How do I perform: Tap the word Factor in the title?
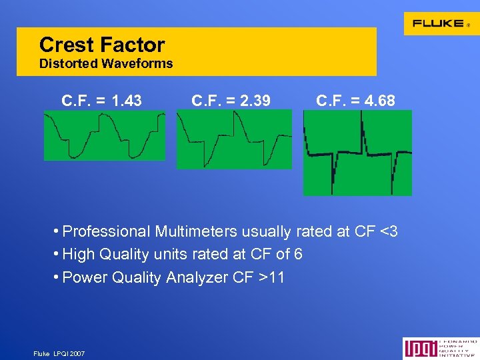(133, 45)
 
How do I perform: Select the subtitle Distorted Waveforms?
(106, 64)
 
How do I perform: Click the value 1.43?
(127, 101)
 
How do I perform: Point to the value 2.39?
(256, 101)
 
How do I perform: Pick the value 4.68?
(381, 101)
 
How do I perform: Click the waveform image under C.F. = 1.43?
(104, 135)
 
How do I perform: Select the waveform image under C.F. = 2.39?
(234, 139)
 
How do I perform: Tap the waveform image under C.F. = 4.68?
(357, 153)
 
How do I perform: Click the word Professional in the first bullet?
(106, 232)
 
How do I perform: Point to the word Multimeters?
(196, 232)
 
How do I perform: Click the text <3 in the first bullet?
(389, 232)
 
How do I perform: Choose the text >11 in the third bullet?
(271, 277)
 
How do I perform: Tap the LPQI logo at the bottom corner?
(440, 349)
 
